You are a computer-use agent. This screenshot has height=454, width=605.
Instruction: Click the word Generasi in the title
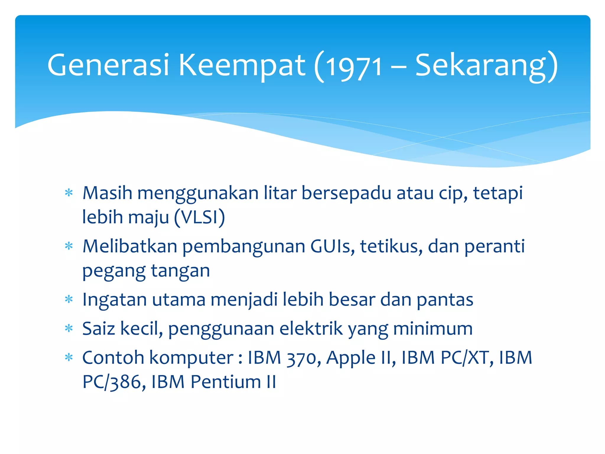tap(108, 65)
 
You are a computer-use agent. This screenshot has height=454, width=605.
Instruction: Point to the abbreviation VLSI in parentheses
tap(199, 217)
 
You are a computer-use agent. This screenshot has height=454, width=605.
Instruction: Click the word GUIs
tap(332, 246)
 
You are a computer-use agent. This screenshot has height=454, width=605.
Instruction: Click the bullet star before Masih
tap(69, 193)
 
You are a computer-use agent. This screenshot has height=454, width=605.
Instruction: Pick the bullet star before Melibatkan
tap(69, 246)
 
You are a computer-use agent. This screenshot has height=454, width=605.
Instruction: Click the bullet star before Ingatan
tap(69, 300)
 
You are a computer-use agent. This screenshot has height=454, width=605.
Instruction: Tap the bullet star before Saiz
tap(69, 329)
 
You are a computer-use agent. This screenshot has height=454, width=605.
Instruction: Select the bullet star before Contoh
tap(69, 358)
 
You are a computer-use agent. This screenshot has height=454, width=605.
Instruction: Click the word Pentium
tap(226, 382)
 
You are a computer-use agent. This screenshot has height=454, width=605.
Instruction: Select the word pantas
tap(445, 300)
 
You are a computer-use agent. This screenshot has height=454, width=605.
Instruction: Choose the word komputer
tap(191, 358)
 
